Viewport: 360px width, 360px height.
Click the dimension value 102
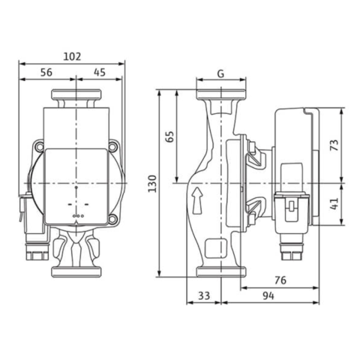click(x=72, y=56)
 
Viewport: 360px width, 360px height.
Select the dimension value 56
click(x=46, y=72)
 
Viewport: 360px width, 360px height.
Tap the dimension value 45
click(x=100, y=72)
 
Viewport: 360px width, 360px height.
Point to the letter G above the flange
click(x=220, y=73)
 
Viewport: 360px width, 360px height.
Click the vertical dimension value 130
click(x=152, y=184)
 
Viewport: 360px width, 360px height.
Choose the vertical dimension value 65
click(x=169, y=136)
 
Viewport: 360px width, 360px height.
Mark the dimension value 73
click(x=334, y=145)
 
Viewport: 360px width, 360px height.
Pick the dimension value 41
click(x=334, y=203)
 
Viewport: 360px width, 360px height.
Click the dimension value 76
click(x=280, y=280)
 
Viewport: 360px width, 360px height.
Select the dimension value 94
click(x=268, y=295)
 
